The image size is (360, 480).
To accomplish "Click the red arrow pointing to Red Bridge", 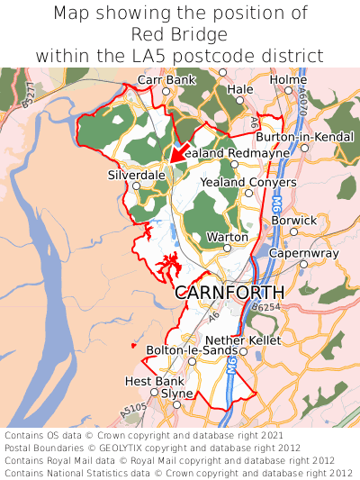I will point(178,152).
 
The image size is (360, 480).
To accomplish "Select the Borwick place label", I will point(294,220).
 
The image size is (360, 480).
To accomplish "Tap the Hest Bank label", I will point(148,381).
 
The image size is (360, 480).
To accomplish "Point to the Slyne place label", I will point(176,394).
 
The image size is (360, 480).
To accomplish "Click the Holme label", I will point(288,79).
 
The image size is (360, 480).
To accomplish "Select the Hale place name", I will point(240,89).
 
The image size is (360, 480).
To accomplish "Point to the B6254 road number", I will point(268,308).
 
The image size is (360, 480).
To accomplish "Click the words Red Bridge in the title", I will point(179,34).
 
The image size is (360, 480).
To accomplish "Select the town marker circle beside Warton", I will point(228,248).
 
